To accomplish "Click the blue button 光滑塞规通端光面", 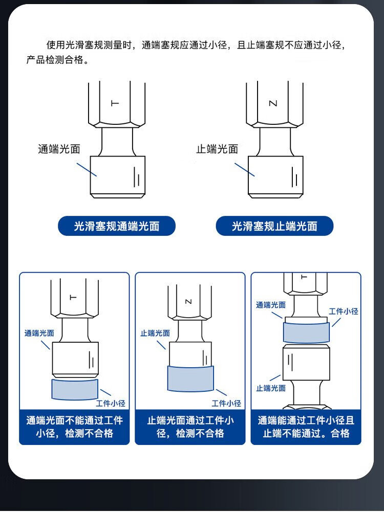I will click(x=117, y=226).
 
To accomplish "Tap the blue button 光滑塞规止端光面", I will click(x=274, y=226).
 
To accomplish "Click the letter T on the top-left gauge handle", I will click(x=115, y=103).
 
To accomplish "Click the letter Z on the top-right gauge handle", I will click(x=273, y=103).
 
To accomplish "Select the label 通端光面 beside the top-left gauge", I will click(x=59, y=149).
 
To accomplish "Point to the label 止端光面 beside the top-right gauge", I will click(x=217, y=149).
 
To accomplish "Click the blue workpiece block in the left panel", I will click(x=75, y=389).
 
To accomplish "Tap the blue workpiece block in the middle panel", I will click(x=190, y=379).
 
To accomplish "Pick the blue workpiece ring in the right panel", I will click(x=306, y=332).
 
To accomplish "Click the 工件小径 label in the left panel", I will click(x=111, y=404).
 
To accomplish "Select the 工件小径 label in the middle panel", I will click(x=226, y=404).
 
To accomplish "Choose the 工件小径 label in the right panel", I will click(x=343, y=311).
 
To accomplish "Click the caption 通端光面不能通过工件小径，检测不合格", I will click(x=75, y=427).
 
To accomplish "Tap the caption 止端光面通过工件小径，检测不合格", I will click(x=190, y=427).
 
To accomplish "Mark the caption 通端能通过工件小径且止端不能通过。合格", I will click(x=306, y=427).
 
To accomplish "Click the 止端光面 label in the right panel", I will click(x=271, y=388).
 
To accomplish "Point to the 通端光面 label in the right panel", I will click(x=271, y=305).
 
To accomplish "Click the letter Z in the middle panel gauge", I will click(x=188, y=302).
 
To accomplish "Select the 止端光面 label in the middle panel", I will click(x=155, y=333).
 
